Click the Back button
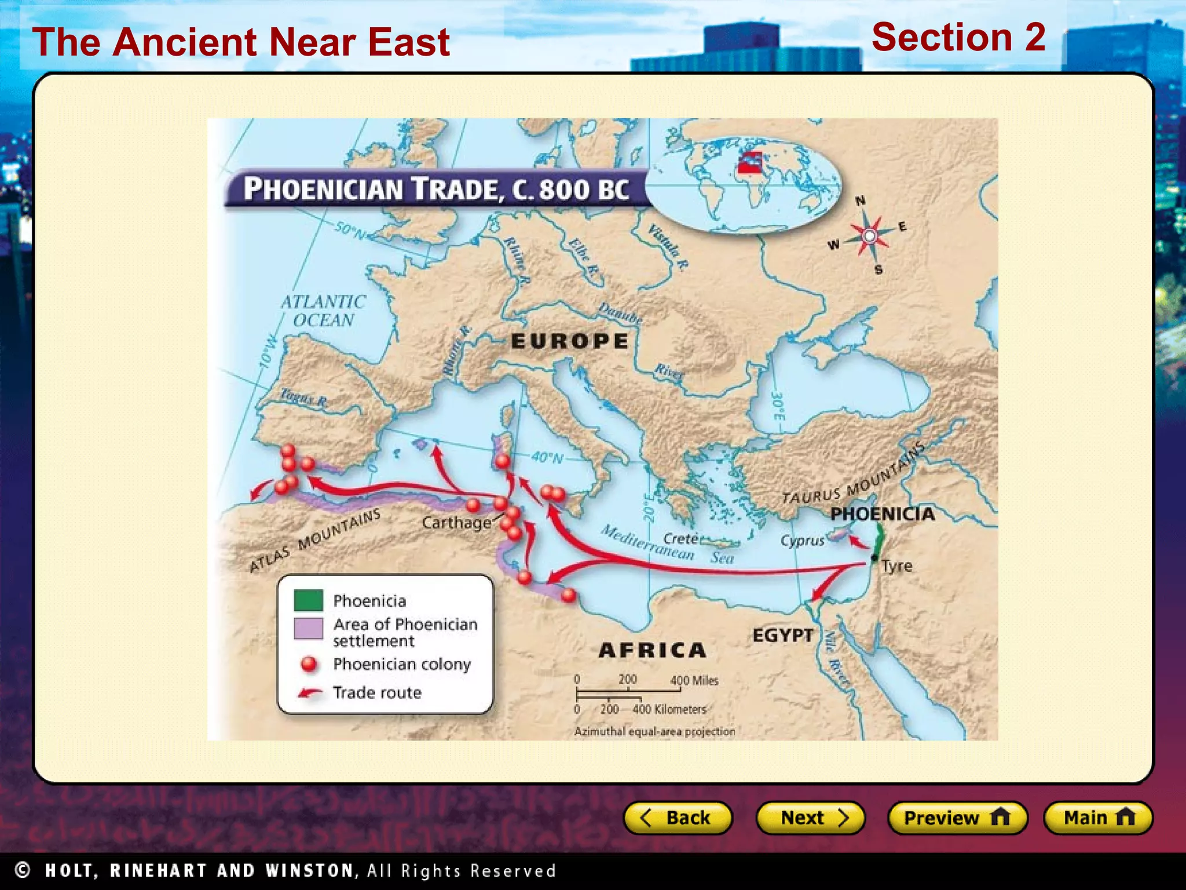pyautogui.click(x=677, y=818)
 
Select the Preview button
pyautogui.click(x=957, y=818)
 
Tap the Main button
pyautogui.click(x=1098, y=818)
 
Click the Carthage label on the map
pyautogui.click(x=456, y=523)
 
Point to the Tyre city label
pyautogui.click(x=897, y=566)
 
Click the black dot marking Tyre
pyautogui.click(x=874, y=558)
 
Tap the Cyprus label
pyautogui.click(x=802, y=541)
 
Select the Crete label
pyautogui.click(x=680, y=539)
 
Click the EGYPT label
pyautogui.click(x=782, y=635)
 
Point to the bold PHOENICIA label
pyautogui.click(x=882, y=514)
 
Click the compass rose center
pyautogui.click(x=869, y=236)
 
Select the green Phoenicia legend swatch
pyautogui.click(x=308, y=600)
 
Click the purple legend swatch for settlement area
pyautogui.click(x=308, y=628)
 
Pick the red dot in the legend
pyautogui.click(x=309, y=664)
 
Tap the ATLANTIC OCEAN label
pyautogui.click(x=323, y=311)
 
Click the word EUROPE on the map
pyautogui.click(x=570, y=341)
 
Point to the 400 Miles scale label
pyautogui.click(x=694, y=681)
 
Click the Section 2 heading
pyautogui.click(x=958, y=37)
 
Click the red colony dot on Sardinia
pyautogui.click(x=502, y=461)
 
